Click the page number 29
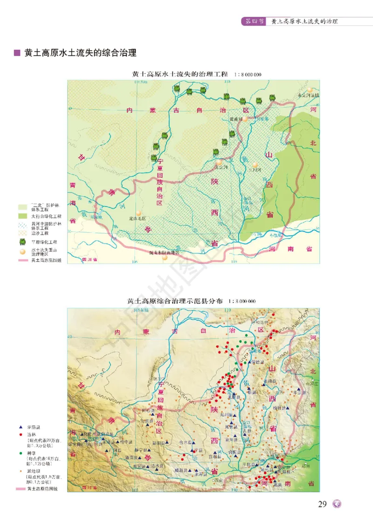pos(322,504)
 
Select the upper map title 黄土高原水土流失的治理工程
pos(180,74)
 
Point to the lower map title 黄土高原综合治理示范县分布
pos(176,301)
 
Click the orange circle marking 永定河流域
pos(310,89)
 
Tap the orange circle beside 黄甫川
pos(245,119)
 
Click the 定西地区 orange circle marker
pos(138,213)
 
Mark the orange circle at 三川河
pos(255,165)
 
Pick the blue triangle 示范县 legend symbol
pos(21,427)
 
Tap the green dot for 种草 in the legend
pos(21,452)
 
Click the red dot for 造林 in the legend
pos(21,434)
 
